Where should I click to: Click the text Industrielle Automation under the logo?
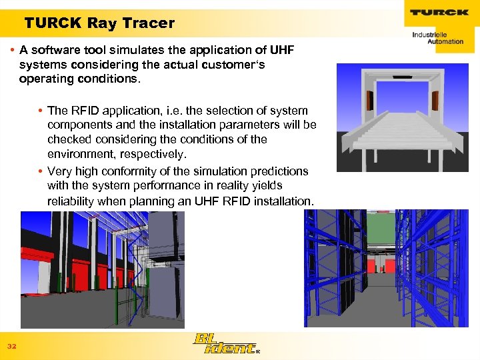click(437, 37)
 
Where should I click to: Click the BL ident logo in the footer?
click(224, 344)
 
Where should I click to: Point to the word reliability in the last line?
click(73, 201)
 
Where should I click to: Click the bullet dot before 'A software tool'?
click(14, 51)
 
